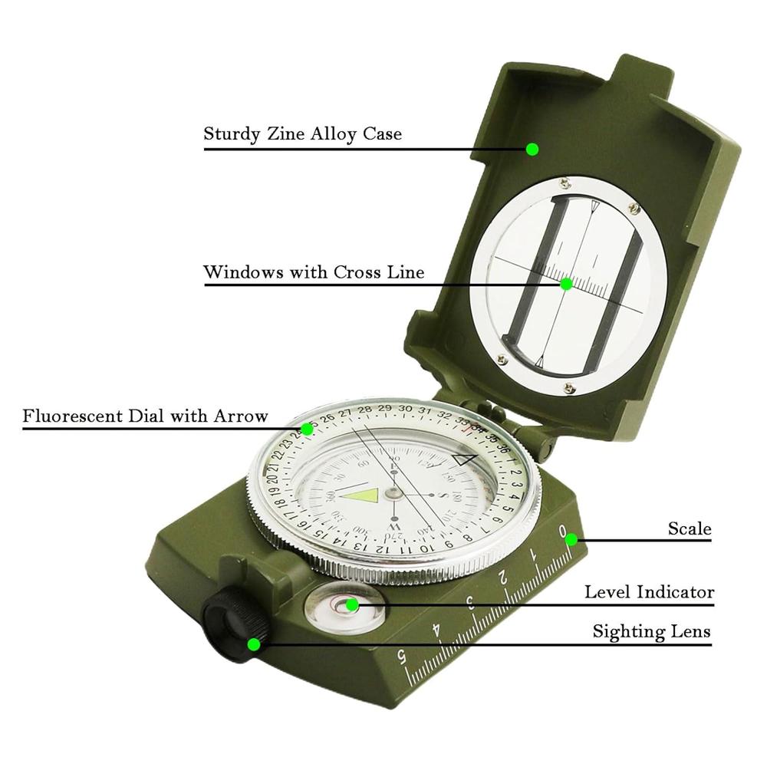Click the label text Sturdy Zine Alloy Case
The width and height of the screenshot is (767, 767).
tap(302, 133)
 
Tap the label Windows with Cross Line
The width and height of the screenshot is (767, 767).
tap(313, 272)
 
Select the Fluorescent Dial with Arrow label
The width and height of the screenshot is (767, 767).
tap(145, 416)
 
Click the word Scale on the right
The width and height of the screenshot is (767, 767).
tap(689, 528)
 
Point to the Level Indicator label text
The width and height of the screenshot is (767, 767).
tap(649, 592)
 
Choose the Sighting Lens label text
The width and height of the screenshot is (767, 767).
tap(651, 632)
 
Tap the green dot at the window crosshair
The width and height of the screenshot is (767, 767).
tap(566, 284)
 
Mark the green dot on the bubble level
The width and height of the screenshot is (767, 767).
tap(352, 605)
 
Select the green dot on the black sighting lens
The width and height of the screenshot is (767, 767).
tap(254, 644)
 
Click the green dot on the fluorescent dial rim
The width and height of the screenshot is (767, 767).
tap(307, 429)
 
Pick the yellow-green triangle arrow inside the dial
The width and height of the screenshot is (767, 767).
tap(360, 495)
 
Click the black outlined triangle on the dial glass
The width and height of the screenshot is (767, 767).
tap(464, 459)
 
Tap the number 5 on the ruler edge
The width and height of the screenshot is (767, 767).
tap(402, 657)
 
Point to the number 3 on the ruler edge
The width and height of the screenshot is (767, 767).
tap(469, 602)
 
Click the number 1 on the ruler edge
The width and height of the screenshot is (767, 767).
tap(534, 552)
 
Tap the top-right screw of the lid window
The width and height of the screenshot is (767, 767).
tap(634, 208)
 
